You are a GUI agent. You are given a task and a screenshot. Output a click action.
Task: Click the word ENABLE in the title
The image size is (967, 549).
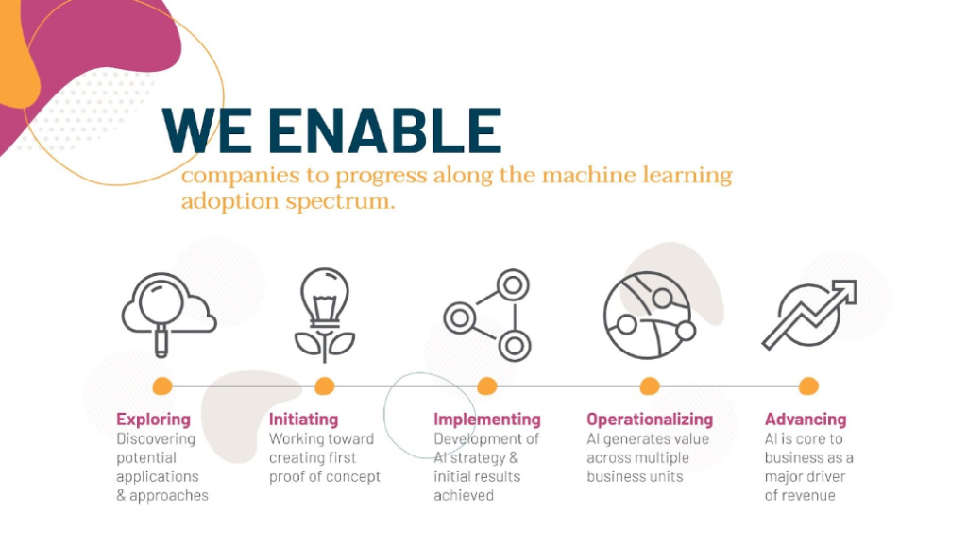(385, 130)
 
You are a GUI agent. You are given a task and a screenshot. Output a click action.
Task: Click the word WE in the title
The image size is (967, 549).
(207, 130)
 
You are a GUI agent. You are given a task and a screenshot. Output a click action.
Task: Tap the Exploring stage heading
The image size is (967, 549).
(154, 420)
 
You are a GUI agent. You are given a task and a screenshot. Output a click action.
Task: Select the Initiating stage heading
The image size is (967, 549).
(303, 420)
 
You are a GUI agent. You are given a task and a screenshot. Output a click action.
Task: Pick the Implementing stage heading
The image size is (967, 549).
(487, 420)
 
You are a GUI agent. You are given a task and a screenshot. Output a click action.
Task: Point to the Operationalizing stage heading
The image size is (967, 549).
(650, 420)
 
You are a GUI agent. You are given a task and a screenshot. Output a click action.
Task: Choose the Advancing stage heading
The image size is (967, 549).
(806, 420)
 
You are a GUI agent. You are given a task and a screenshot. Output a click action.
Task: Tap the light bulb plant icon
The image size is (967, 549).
(325, 315)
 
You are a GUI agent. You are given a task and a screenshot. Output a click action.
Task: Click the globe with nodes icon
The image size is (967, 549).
(650, 316)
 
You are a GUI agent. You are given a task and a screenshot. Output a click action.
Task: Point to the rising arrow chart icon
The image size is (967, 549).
(809, 315)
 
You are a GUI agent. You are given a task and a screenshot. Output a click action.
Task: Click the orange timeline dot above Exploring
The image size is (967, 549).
(162, 386)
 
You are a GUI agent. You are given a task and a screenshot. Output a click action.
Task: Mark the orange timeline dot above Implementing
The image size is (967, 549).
(487, 386)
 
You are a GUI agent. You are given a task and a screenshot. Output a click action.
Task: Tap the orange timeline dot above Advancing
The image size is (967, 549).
(808, 386)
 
